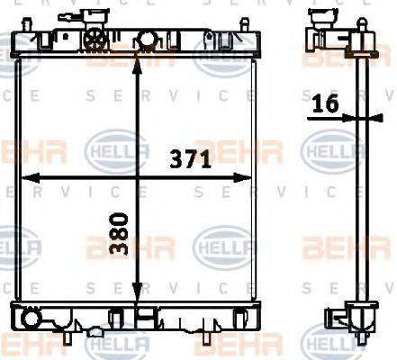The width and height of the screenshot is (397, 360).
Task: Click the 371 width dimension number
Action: tap(191, 160)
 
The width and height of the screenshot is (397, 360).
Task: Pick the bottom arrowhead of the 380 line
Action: tap(136, 299)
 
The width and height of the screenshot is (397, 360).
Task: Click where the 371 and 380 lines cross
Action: tap(136, 175)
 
